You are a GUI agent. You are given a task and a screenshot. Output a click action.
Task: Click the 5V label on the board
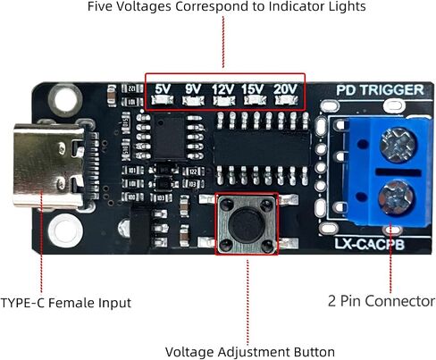coord(163,89)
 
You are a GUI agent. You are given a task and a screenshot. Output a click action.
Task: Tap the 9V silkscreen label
coord(193,89)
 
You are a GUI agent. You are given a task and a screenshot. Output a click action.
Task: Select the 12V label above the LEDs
coord(223,89)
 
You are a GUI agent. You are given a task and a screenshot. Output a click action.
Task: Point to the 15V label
coord(253,89)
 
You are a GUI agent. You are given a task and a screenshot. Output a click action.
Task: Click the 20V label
coord(285,89)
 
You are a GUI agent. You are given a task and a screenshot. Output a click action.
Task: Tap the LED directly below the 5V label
coord(163,100)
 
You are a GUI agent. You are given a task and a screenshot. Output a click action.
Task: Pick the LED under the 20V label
coord(286,100)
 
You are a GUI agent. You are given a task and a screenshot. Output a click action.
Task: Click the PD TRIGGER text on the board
coord(380,90)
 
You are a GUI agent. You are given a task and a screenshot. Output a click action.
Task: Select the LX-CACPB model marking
coord(369,245)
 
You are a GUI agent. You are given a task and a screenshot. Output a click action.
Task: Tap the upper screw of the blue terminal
coord(397,145)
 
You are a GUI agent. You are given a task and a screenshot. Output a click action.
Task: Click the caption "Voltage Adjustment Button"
coord(250,352)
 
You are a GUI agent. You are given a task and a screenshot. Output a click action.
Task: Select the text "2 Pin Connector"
coord(381,301)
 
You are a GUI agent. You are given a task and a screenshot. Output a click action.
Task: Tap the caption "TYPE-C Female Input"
coord(66,303)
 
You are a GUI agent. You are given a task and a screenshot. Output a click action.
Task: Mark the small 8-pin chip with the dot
coord(170,137)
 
